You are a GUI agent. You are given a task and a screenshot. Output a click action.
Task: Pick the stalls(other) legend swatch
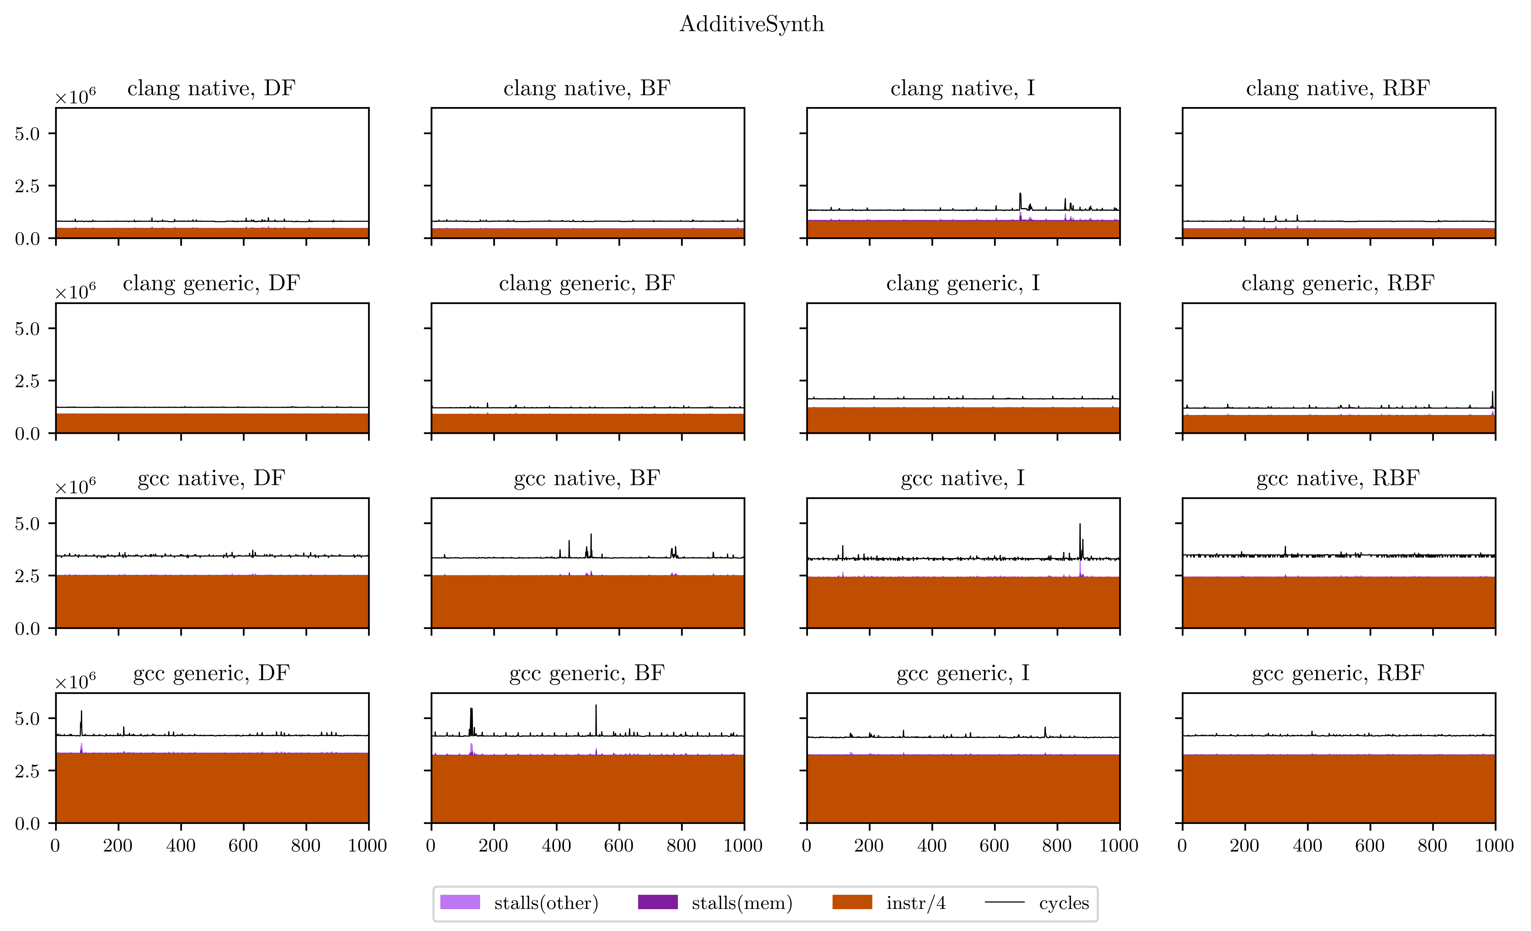tap(460, 902)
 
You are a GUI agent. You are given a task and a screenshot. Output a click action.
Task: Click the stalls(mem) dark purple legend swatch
tap(657, 902)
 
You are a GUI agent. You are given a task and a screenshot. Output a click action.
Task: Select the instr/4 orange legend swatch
tap(852, 902)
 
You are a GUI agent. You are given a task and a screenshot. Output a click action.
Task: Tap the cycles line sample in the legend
tap(1005, 902)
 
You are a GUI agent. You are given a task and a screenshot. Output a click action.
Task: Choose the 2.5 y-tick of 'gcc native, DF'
tap(27, 576)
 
